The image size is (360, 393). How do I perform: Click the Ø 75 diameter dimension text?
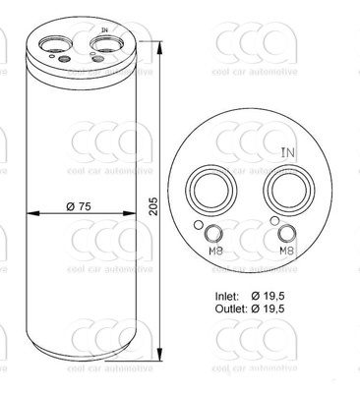pyautogui.click(x=79, y=206)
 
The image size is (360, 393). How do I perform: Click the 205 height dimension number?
pyautogui.click(x=153, y=206)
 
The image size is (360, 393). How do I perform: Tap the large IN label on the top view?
pyautogui.click(x=288, y=152)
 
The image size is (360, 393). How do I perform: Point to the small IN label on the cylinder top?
pyautogui.click(x=104, y=30)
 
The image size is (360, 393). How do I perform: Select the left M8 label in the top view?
pyautogui.click(x=215, y=252)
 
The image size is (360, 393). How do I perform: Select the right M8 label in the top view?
pyautogui.click(x=286, y=252)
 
